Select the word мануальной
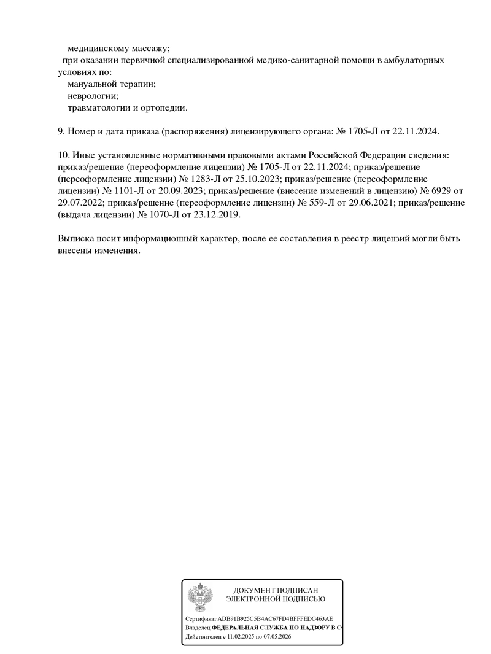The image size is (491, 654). pos(92,84)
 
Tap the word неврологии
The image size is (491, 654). pos(93,96)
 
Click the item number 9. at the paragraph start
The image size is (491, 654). pos(60,131)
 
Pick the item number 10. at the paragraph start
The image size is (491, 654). pos(63,155)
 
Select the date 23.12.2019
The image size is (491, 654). pos(216,216)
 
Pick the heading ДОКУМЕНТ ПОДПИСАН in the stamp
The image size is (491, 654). pos(276,590)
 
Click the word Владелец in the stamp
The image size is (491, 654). pos(198,628)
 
